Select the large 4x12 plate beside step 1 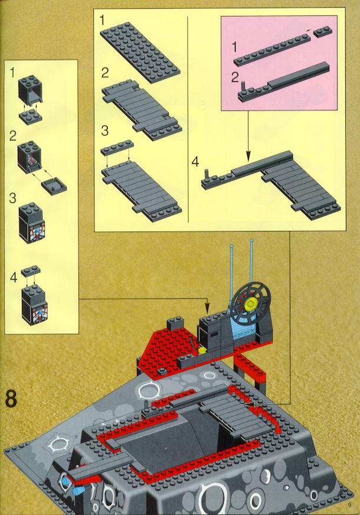[140, 48]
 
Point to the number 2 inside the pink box [235, 78]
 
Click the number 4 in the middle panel [195, 162]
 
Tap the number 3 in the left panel [12, 198]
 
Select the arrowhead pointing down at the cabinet [207, 309]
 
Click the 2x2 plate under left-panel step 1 [30, 116]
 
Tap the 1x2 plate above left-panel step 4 [31, 270]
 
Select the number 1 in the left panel [12, 73]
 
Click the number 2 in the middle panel [104, 73]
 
